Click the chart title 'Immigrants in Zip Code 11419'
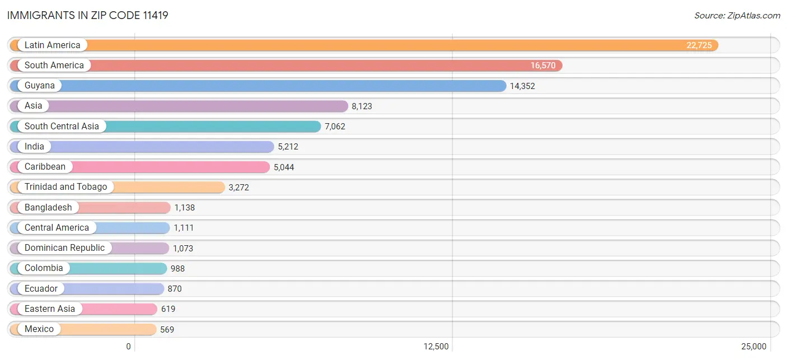coord(87,15)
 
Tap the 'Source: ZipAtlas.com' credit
coord(737,16)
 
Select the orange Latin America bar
coord(364,45)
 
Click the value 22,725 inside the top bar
coord(699,45)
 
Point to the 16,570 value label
coord(543,66)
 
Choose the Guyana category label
coord(40,86)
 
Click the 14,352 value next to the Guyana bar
coord(522,86)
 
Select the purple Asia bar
coord(179,106)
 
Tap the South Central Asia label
coord(62,126)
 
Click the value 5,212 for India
coord(288,146)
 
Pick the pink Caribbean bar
coord(140,167)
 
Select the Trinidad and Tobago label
coord(65,186)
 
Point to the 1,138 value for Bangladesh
coord(185,207)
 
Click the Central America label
coord(57,227)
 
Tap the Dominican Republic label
coord(64,248)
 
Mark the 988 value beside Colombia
coord(177,269)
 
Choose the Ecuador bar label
coord(41,288)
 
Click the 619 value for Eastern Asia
coord(168,309)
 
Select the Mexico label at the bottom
coord(39,329)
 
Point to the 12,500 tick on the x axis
coord(436,347)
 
